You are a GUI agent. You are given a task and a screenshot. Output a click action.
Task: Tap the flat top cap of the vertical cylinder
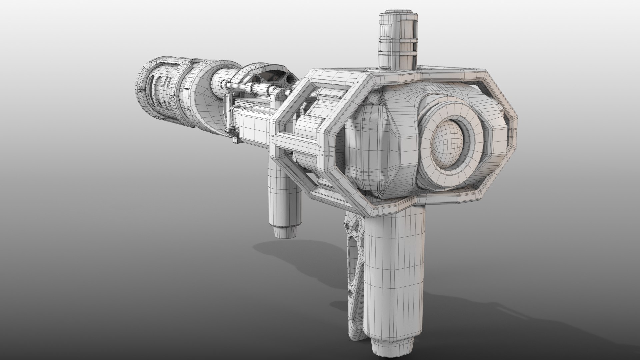(397, 12)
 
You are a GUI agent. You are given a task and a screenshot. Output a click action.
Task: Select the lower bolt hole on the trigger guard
(350, 293)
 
